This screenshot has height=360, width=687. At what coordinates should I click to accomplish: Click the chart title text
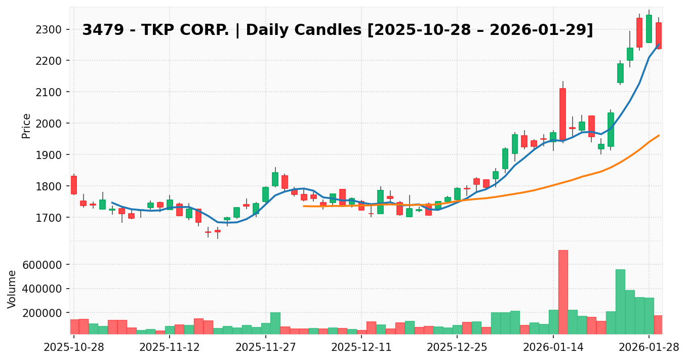click(337, 30)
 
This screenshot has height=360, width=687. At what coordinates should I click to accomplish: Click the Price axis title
click(26, 126)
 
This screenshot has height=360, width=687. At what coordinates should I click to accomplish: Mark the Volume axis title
click(12, 289)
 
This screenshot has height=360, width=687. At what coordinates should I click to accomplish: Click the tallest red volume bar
click(563, 292)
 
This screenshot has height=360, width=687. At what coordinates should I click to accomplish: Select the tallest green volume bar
click(620, 302)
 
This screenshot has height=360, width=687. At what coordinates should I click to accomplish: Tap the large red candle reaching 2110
click(563, 114)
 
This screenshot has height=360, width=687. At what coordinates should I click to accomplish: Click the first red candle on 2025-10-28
click(74, 185)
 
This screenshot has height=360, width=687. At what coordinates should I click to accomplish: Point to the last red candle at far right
click(659, 35)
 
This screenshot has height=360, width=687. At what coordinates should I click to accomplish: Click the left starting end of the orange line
click(304, 206)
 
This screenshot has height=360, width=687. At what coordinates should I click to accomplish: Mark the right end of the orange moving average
click(659, 135)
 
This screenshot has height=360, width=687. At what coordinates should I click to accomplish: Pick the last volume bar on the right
click(659, 325)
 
